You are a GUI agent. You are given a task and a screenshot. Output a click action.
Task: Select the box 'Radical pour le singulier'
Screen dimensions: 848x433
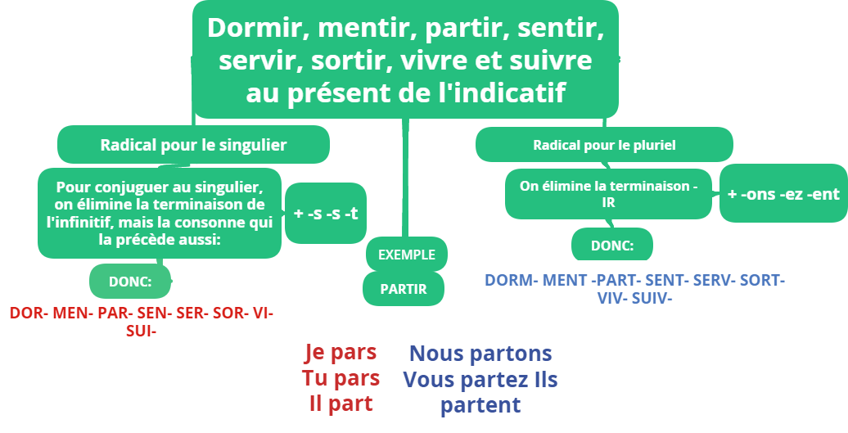(x=193, y=145)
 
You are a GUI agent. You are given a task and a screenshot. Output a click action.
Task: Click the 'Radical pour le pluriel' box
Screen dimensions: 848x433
(x=604, y=146)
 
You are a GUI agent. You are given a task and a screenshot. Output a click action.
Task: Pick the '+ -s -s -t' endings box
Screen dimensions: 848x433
(x=325, y=214)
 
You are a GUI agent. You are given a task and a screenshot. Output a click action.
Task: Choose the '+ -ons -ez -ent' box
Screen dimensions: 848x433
(x=783, y=194)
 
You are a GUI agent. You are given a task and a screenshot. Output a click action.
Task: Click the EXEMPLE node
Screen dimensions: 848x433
(x=406, y=255)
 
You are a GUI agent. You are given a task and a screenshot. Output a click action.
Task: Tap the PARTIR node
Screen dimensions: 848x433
(x=404, y=288)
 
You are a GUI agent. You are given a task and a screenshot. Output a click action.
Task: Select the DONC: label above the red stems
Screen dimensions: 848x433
(x=131, y=282)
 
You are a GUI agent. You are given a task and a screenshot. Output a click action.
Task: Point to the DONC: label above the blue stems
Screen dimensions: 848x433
(x=611, y=246)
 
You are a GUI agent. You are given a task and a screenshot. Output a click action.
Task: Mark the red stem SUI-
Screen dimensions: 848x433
(x=142, y=331)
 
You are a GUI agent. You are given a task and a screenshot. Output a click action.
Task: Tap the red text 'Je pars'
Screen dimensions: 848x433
(x=341, y=353)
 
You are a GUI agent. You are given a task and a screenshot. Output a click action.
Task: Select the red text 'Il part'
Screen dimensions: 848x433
(x=341, y=403)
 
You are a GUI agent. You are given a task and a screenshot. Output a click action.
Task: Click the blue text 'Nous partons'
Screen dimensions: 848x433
(x=480, y=354)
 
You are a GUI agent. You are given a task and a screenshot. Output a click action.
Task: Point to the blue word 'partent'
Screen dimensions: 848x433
(x=480, y=404)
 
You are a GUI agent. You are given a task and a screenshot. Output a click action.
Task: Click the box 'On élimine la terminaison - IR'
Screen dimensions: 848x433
(x=608, y=194)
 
